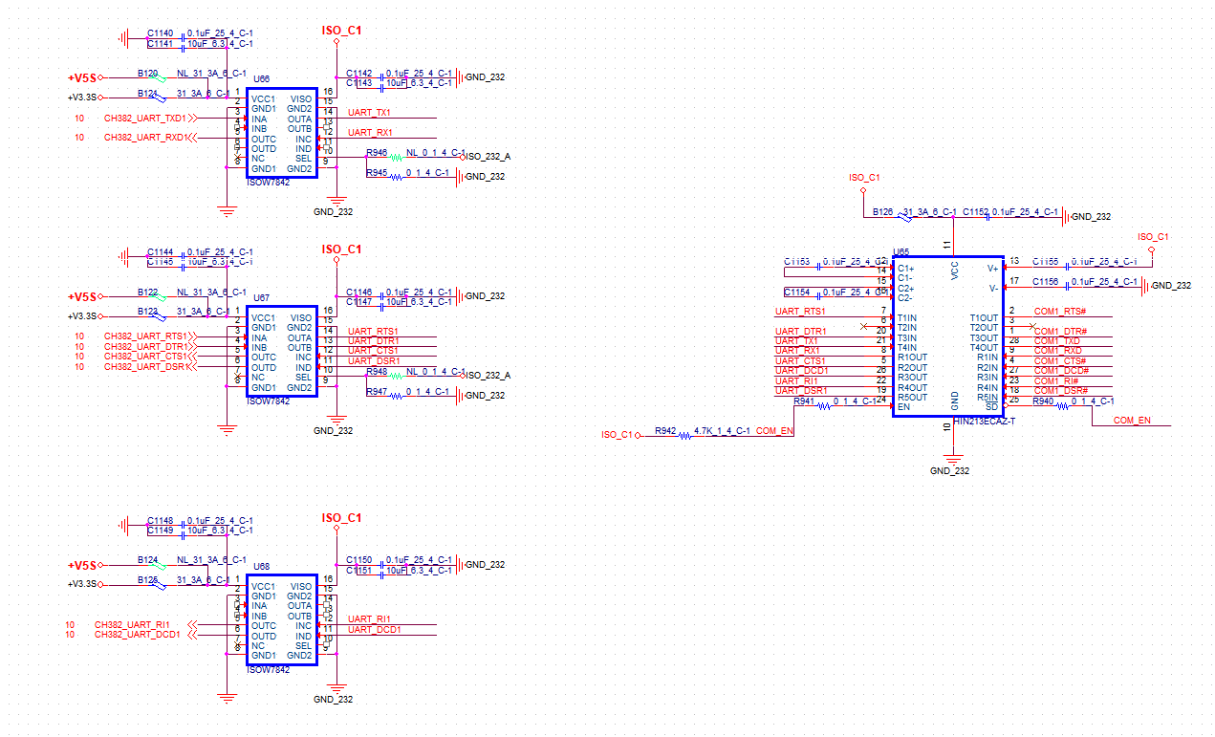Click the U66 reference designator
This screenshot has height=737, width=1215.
pos(261,78)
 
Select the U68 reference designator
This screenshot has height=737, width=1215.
pos(261,567)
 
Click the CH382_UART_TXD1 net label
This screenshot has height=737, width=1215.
pos(145,119)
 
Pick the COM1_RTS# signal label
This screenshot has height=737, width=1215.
pos(1060,312)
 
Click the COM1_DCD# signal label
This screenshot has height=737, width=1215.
pos(1061,371)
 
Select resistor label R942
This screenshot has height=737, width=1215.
pos(664,432)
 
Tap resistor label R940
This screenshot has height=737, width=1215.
pos(1043,401)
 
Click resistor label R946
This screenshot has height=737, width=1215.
pos(377,153)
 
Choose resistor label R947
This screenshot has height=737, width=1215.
pos(377,392)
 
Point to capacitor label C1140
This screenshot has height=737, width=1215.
pos(161,33)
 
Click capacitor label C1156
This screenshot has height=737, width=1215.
pos(1045,282)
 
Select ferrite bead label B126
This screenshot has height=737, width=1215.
pos(883,212)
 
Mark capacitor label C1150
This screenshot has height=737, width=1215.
pos(358,559)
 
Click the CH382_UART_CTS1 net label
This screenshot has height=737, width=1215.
pos(145,357)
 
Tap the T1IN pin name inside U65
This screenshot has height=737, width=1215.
pos(906,318)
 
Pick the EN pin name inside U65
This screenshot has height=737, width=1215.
pos(903,408)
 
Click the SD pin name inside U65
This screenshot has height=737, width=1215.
pos(991,408)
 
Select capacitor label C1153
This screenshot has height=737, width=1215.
pos(796,261)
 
